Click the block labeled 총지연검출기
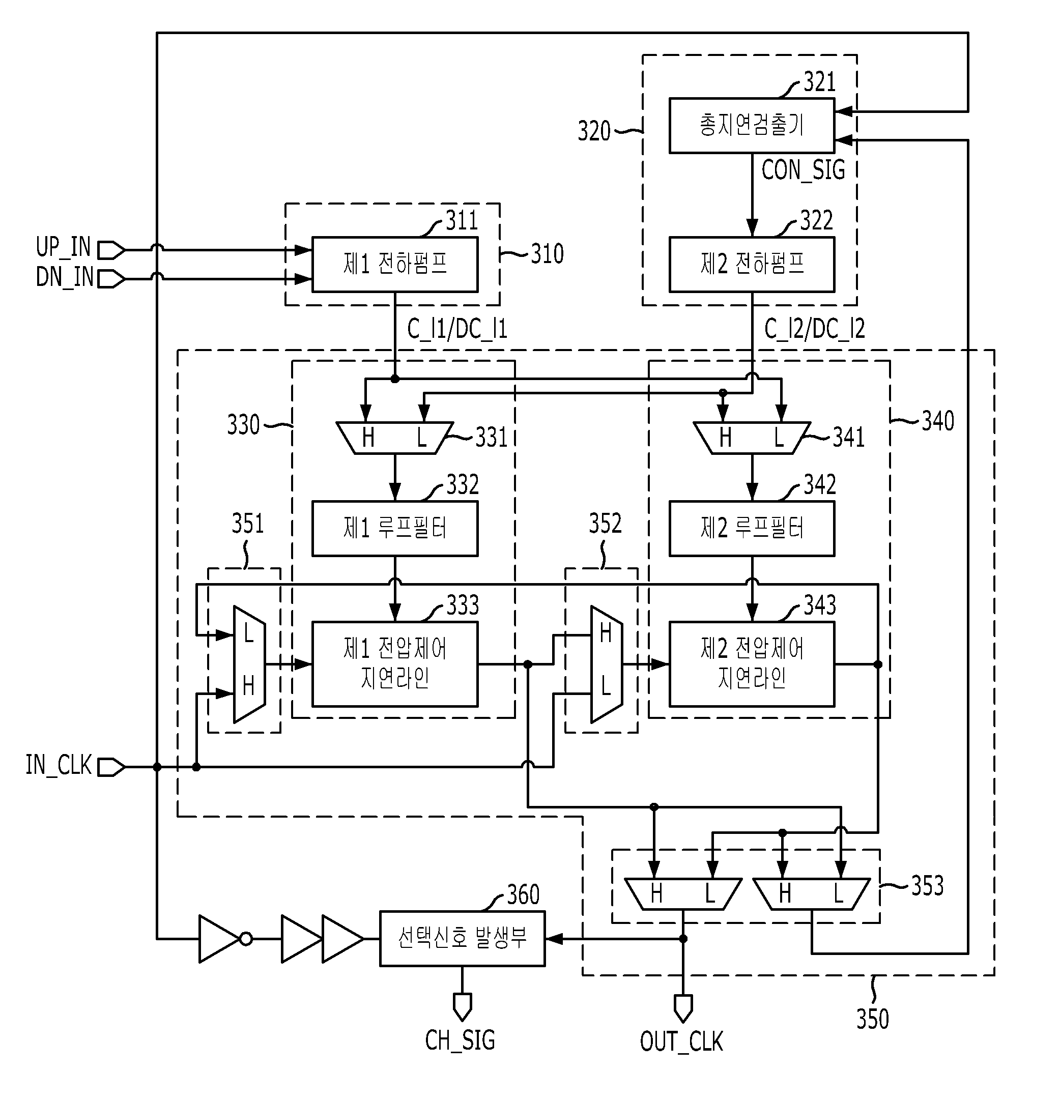tap(752, 126)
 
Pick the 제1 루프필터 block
tap(395, 529)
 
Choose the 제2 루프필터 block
tap(752, 529)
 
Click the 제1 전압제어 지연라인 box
tap(395, 664)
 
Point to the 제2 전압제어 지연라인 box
tap(752, 664)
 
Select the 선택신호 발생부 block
tap(462, 938)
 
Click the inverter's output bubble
tap(246, 938)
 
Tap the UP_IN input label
tap(63, 247)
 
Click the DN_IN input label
tap(64, 277)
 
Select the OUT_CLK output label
tap(681, 1041)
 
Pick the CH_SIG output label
tap(460, 1040)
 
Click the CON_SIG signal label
tap(803, 170)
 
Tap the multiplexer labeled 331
tap(395, 438)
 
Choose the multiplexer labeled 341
tap(752, 438)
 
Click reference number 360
tap(523, 894)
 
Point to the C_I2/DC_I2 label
tap(814, 329)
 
